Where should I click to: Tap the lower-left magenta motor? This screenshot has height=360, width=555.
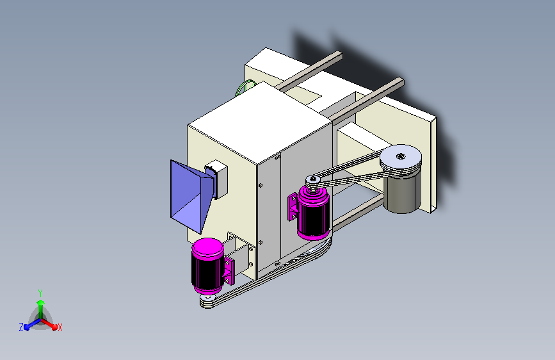(x=208, y=266)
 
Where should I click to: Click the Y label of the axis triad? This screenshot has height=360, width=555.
(x=40, y=293)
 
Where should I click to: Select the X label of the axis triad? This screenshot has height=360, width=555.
(x=60, y=328)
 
